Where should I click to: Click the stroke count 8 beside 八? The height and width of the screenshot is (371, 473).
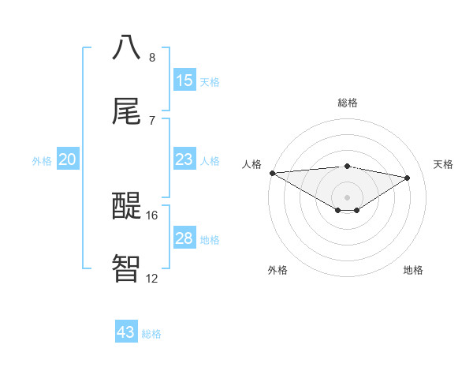click(152, 58)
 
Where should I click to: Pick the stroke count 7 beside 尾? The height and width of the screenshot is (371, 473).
click(152, 121)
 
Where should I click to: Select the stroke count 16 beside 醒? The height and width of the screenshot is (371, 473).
click(152, 215)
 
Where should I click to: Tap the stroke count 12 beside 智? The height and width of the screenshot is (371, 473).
click(152, 278)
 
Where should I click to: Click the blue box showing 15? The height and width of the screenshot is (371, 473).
click(184, 81)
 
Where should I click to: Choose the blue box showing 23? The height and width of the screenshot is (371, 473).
click(184, 159)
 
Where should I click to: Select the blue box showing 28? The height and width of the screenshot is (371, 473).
click(184, 238)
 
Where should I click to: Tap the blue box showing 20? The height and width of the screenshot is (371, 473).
click(68, 159)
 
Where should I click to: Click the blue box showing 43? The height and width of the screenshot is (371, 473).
click(126, 332)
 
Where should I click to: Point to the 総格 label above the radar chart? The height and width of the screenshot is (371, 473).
click(348, 103)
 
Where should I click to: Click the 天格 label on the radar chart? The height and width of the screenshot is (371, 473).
click(444, 164)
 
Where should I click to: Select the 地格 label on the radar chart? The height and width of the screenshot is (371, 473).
click(413, 270)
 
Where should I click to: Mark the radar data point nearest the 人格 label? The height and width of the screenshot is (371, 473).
click(272, 173)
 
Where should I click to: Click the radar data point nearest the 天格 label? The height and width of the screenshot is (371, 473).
click(408, 178)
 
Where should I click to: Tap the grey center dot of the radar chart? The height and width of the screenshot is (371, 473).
click(348, 197)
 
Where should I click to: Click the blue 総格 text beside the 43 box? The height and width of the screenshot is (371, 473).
click(151, 334)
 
